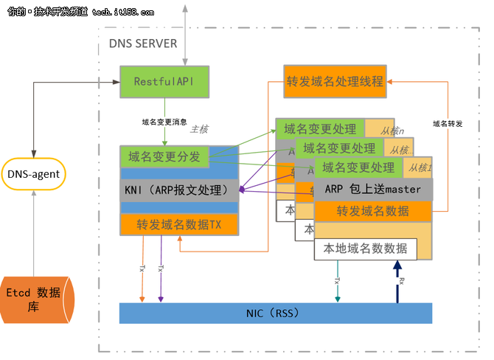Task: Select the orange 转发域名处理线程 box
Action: click(334, 80)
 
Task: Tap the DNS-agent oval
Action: click(33, 175)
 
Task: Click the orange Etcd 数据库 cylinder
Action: click(36, 298)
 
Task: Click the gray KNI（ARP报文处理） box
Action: click(180, 189)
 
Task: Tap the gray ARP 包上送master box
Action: click(373, 189)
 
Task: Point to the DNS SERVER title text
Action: click(142, 43)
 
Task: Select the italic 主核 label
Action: click(199, 129)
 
